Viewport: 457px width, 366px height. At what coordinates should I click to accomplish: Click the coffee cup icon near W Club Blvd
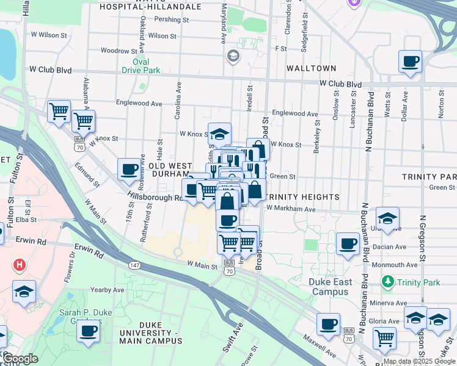(x=410, y=62)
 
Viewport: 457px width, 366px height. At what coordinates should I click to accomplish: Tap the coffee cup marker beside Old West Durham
(x=129, y=169)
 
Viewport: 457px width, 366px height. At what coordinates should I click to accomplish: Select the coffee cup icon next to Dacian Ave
(x=348, y=243)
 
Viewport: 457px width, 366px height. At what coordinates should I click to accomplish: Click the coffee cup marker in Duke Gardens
(x=88, y=331)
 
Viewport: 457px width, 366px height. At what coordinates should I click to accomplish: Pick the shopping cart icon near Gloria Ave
(x=384, y=337)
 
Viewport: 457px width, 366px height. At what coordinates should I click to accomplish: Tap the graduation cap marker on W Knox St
(x=219, y=134)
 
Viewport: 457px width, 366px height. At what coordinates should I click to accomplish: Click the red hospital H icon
(x=20, y=265)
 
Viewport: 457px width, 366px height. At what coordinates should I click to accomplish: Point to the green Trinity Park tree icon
(x=387, y=281)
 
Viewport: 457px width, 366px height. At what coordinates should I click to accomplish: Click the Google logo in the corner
(x=20, y=358)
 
